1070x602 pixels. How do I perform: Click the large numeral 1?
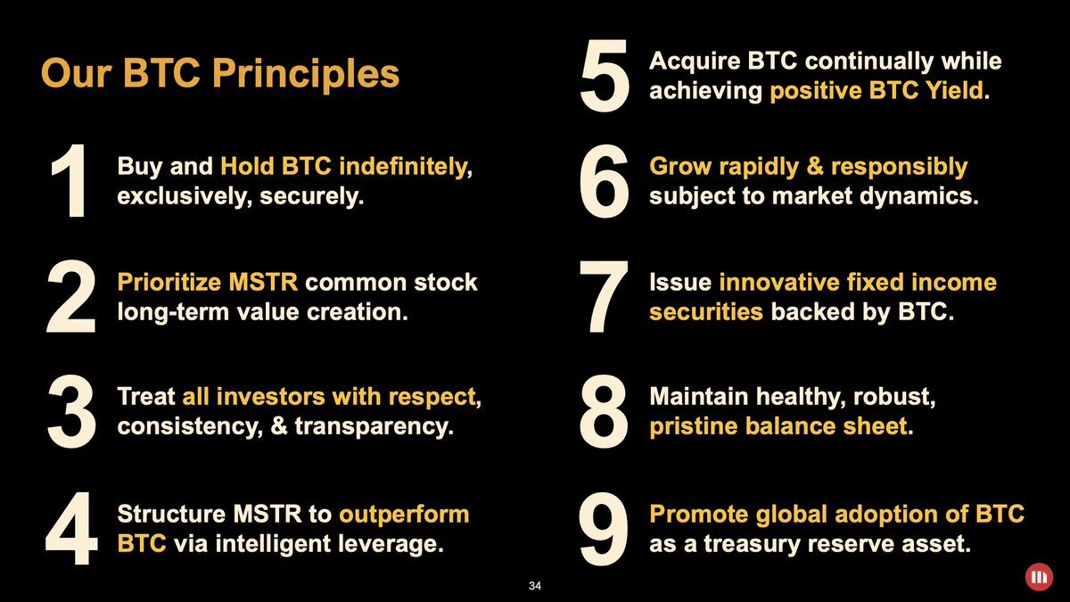point(71,180)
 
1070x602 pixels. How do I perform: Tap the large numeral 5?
point(605,75)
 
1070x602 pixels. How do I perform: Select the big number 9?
point(604,529)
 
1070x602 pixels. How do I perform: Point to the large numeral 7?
point(604,296)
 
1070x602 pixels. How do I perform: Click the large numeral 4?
point(71,528)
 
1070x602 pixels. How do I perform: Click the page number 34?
point(535,586)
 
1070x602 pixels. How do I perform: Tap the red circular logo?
point(1039,577)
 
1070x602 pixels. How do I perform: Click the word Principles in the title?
point(306,74)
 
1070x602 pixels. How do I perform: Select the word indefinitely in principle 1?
point(406,167)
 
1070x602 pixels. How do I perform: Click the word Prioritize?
point(169,282)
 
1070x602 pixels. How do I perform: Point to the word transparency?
point(374,426)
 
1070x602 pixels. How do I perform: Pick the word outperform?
point(404,515)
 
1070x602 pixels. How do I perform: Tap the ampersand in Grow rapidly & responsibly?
point(815,166)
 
